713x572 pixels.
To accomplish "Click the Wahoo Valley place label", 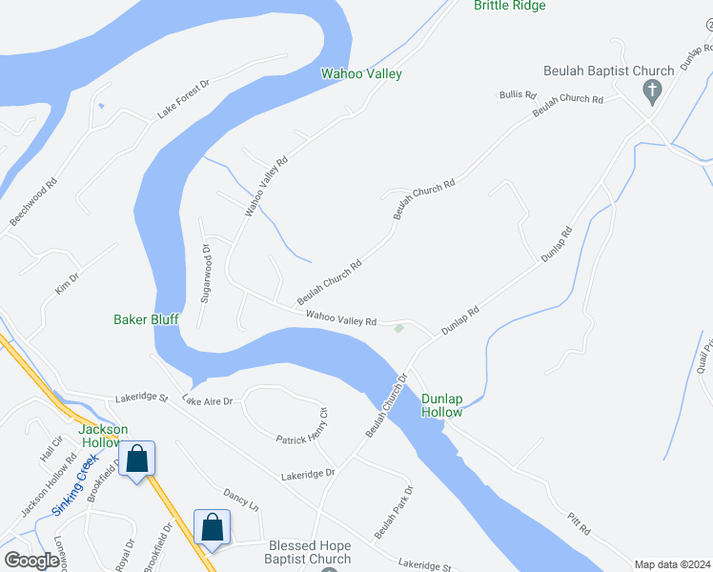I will point(361,73).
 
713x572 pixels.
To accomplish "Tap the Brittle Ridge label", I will point(510,6).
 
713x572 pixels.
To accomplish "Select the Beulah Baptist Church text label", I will point(608,71).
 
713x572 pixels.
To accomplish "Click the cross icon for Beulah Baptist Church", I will point(653,92).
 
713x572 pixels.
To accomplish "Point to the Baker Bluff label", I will point(146,319).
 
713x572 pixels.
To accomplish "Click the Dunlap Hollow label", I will point(442,405).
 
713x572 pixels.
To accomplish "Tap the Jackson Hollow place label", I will point(103,436).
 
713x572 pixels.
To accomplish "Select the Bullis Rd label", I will point(518,95).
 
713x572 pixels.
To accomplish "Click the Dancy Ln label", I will point(241,500).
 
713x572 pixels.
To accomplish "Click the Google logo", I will point(31,561).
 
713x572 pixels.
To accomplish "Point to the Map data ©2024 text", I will point(671,564).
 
